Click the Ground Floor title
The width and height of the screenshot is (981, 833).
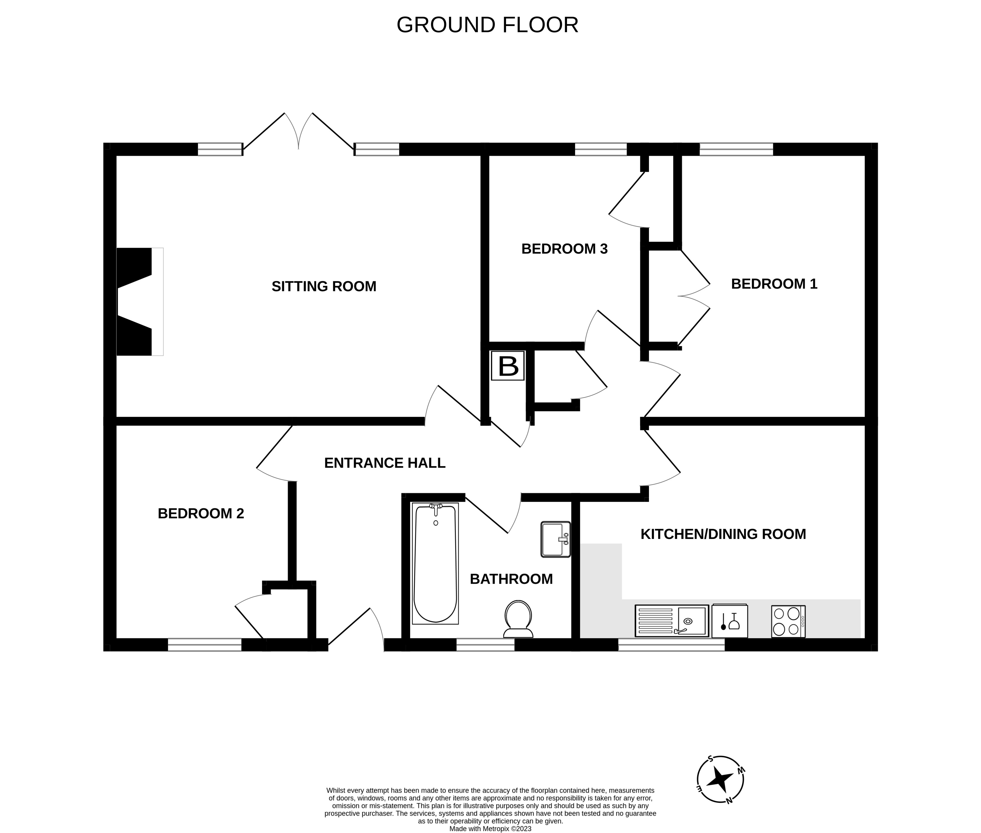pos(487,25)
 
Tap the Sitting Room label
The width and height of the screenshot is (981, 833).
pos(324,286)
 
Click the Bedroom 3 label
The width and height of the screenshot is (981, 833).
pos(564,249)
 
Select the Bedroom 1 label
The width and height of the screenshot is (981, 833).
pos(774,284)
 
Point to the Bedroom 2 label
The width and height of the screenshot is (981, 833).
pos(201,513)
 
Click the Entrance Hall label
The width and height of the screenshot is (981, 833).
pos(385,463)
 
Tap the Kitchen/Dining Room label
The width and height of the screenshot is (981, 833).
pos(723,534)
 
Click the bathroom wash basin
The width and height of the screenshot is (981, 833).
pos(555,539)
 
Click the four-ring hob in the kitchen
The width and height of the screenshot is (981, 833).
pos(788,621)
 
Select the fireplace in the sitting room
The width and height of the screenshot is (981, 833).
pos(137,302)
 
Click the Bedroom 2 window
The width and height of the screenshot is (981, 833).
pos(204,645)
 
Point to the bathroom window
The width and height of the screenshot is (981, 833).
pos(485,645)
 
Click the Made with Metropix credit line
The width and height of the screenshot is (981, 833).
pos(490,828)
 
